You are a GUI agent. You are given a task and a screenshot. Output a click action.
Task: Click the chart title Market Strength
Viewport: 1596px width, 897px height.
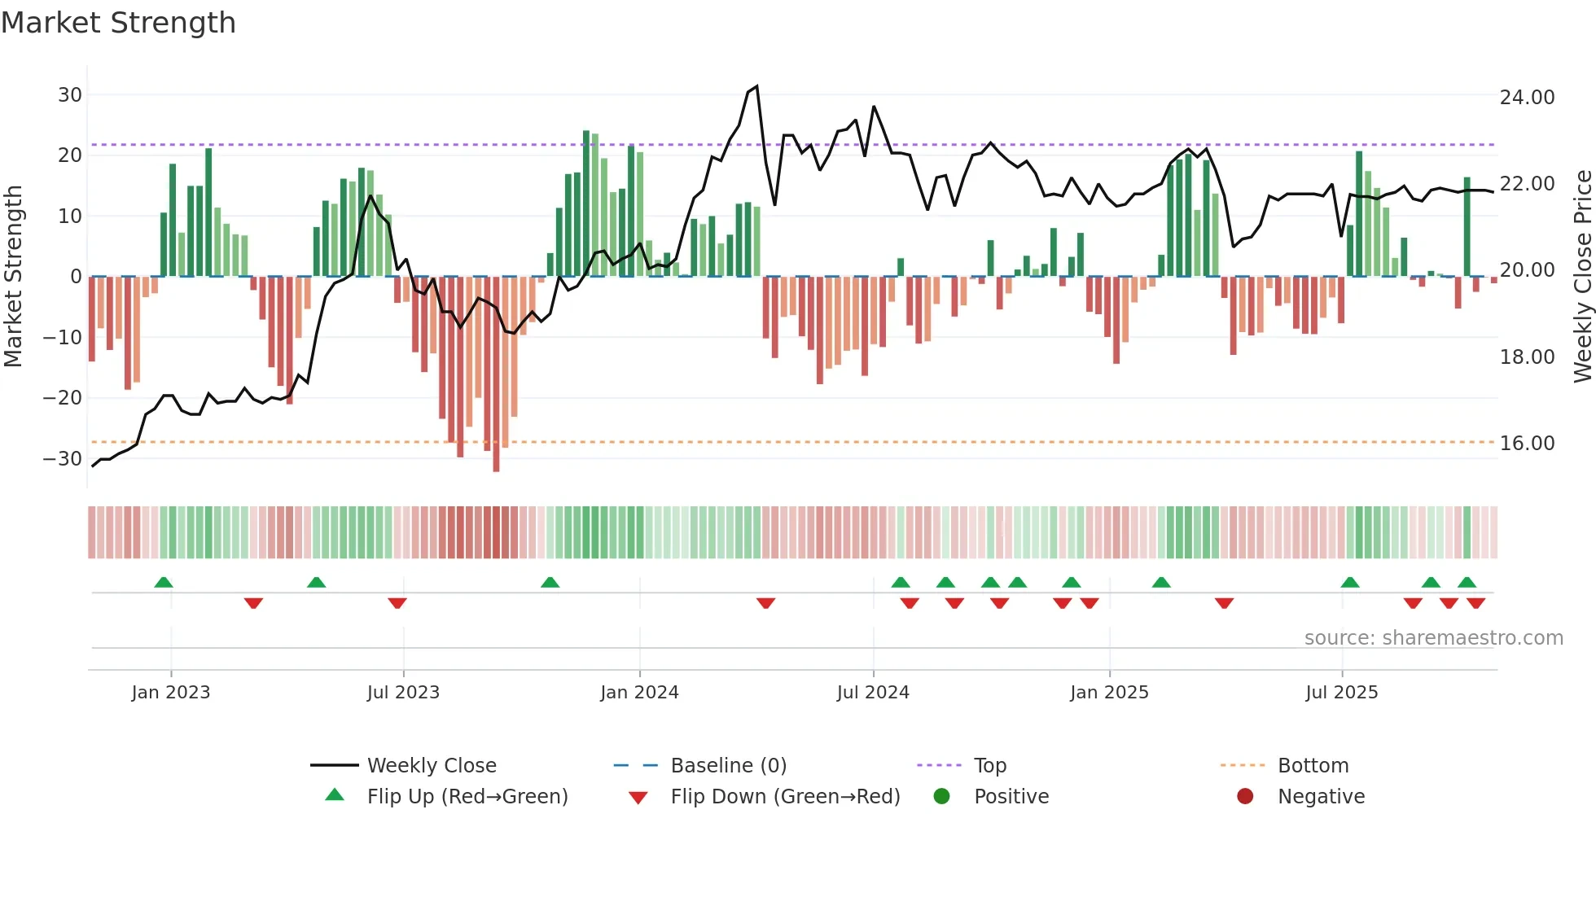click(x=118, y=23)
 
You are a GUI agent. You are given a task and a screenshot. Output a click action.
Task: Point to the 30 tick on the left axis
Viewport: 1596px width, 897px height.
click(x=70, y=95)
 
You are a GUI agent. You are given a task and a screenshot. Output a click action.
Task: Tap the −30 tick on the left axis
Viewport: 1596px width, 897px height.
click(x=63, y=458)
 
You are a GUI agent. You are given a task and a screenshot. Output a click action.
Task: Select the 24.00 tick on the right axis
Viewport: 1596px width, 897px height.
click(x=1527, y=98)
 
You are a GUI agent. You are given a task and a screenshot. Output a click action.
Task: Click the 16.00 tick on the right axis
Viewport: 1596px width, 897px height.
click(x=1527, y=444)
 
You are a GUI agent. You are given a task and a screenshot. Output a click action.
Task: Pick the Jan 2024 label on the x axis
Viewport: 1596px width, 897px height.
click(x=639, y=693)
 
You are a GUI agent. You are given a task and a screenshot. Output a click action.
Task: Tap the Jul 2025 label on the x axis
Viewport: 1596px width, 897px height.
click(x=1341, y=693)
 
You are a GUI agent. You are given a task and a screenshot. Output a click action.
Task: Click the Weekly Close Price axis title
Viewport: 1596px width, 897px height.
click(x=1582, y=277)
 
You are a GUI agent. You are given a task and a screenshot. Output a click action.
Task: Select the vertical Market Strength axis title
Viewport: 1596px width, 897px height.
click(x=13, y=277)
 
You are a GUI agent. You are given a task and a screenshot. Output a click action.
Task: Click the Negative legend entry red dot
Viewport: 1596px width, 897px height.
click(x=1245, y=797)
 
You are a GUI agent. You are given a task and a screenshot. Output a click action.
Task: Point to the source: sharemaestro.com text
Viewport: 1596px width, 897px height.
click(x=1433, y=638)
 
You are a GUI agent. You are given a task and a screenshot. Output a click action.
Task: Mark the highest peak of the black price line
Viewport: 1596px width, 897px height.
click(x=757, y=86)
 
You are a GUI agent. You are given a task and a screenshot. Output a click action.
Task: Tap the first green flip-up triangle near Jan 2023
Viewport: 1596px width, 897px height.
click(x=164, y=582)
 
